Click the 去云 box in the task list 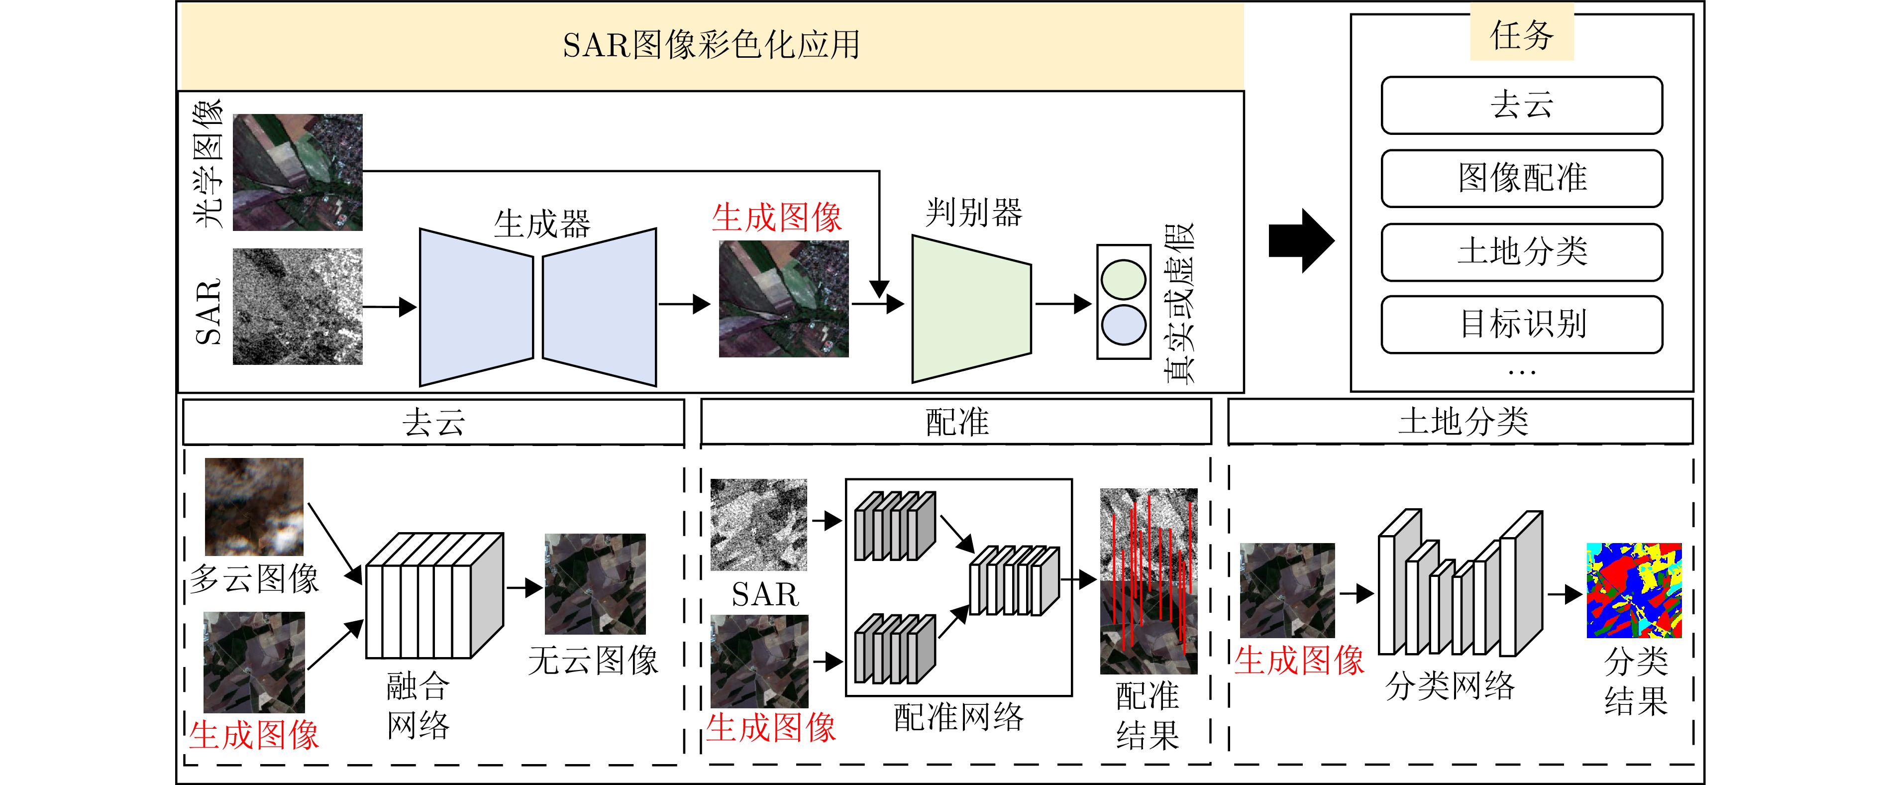pos(1521,105)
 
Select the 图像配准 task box pos(1521,178)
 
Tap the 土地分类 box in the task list pos(1521,251)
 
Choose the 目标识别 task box pos(1521,324)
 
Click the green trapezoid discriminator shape pos(970,308)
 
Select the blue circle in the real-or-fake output pos(1123,326)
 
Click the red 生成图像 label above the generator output pos(776,218)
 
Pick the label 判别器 pos(973,213)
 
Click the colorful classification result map pos(1634,590)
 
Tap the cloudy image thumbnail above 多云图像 pos(254,506)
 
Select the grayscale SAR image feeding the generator pos(297,306)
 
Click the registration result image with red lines pos(1148,580)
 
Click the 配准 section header pos(956,422)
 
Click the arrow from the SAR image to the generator pos(389,307)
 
